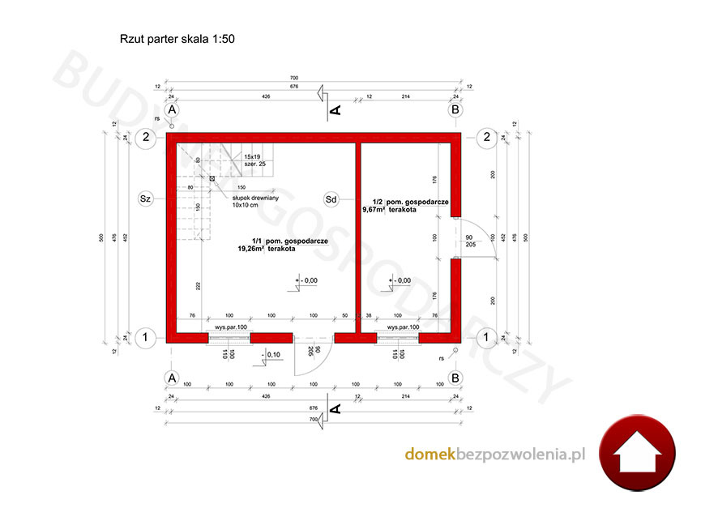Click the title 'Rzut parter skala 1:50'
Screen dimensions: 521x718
(x=177, y=38)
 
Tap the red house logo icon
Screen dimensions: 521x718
(x=638, y=456)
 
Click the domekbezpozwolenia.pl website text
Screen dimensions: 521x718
(x=494, y=455)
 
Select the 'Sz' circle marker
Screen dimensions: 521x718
(x=146, y=198)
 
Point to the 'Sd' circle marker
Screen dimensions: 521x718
(x=331, y=198)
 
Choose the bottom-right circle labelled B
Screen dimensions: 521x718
(x=455, y=377)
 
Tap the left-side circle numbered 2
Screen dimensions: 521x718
(x=146, y=138)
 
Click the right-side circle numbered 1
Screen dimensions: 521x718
(x=486, y=336)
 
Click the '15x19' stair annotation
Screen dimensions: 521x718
(x=252, y=156)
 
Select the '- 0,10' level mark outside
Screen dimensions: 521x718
(x=271, y=354)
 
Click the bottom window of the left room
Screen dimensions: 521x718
(x=229, y=336)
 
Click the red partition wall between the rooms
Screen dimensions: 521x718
(x=357, y=235)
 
